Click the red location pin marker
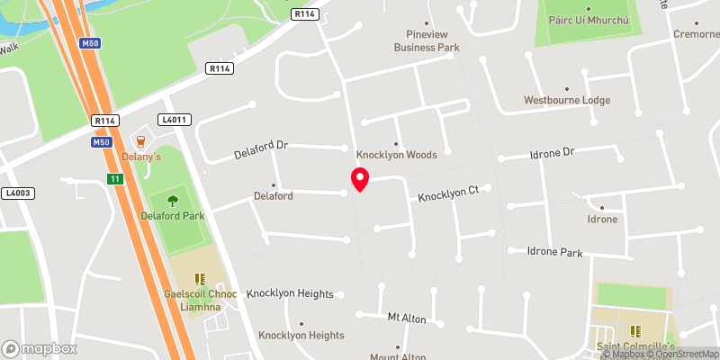pos(360,179)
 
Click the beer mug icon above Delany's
pos(139,140)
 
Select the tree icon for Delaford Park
pos(173,200)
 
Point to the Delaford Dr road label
pos(260,144)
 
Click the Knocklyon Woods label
pos(396,155)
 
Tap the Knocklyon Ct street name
pos(453,191)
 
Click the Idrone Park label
pos(545,252)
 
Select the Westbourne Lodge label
pos(567,100)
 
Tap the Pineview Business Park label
pos(427,40)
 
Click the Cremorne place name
pos(696,33)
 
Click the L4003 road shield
pos(17,193)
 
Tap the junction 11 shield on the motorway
pos(114,179)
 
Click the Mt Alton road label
pos(406,319)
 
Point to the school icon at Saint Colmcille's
pos(635,330)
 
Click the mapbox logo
pos(40,348)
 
